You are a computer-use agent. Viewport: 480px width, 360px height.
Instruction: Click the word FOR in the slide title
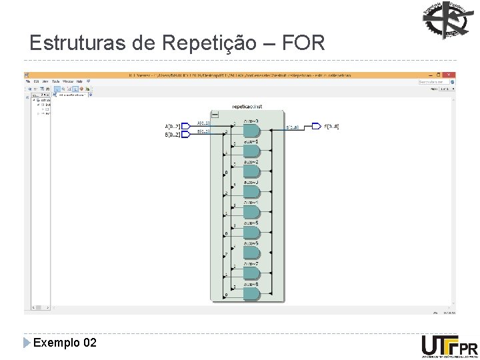304,44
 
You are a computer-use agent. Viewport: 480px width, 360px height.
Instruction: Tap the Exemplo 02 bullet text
65,343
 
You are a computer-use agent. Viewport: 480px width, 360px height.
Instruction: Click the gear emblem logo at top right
446,21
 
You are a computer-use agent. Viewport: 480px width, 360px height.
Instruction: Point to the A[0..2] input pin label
172,125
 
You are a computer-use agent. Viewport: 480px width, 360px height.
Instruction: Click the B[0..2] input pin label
172,135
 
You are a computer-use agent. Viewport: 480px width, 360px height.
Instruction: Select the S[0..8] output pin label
331,126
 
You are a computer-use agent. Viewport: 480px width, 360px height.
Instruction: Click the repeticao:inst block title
247,107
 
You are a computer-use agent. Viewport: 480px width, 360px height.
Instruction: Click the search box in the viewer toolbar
430,81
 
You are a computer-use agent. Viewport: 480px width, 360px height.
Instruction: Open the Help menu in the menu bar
79,81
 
